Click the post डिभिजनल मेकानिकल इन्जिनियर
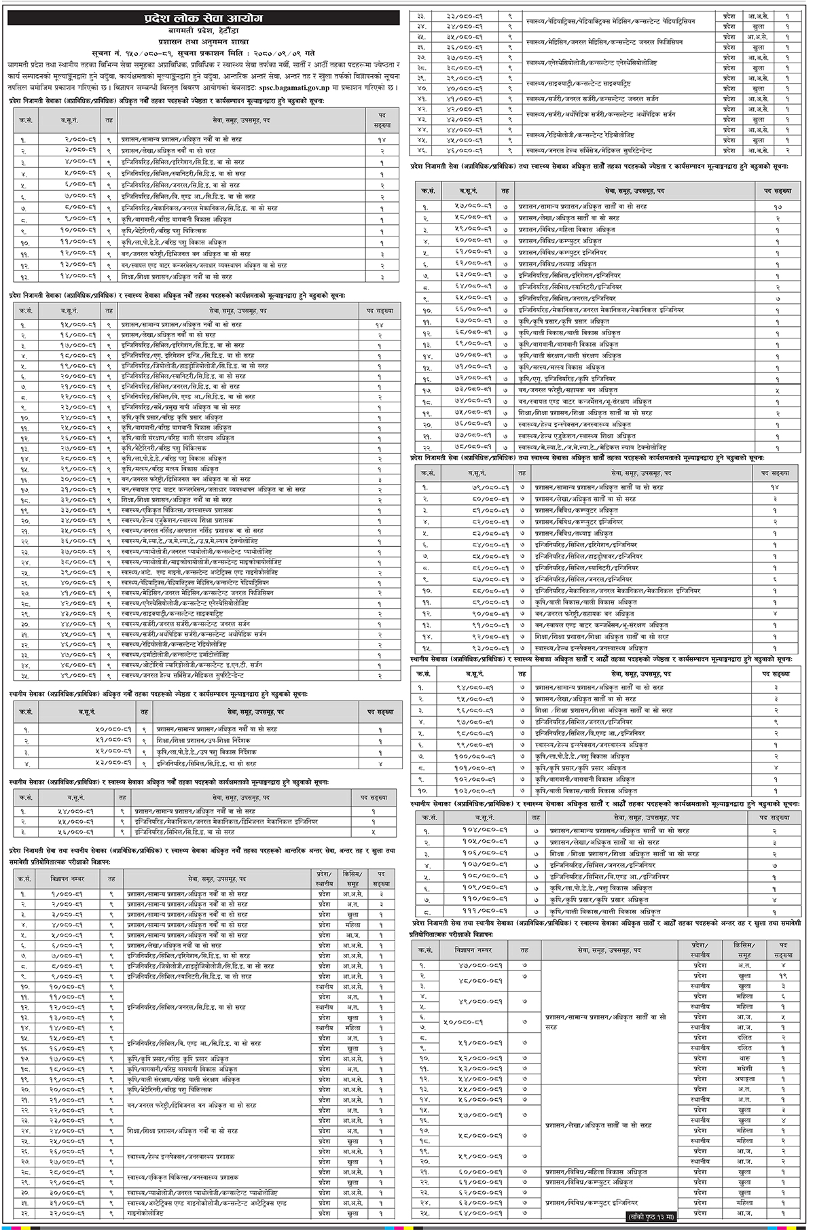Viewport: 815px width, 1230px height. [x=225, y=822]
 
